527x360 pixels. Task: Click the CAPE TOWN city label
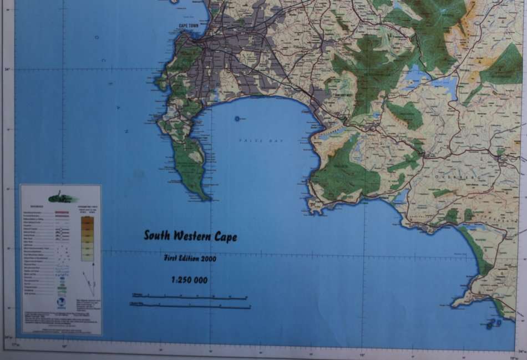[189, 26]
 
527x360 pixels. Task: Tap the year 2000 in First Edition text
[208, 258]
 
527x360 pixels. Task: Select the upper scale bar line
[189, 297]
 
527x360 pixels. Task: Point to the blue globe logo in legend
[62, 304]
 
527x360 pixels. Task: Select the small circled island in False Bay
[237, 118]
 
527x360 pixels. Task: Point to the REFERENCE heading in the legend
[32, 205]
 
